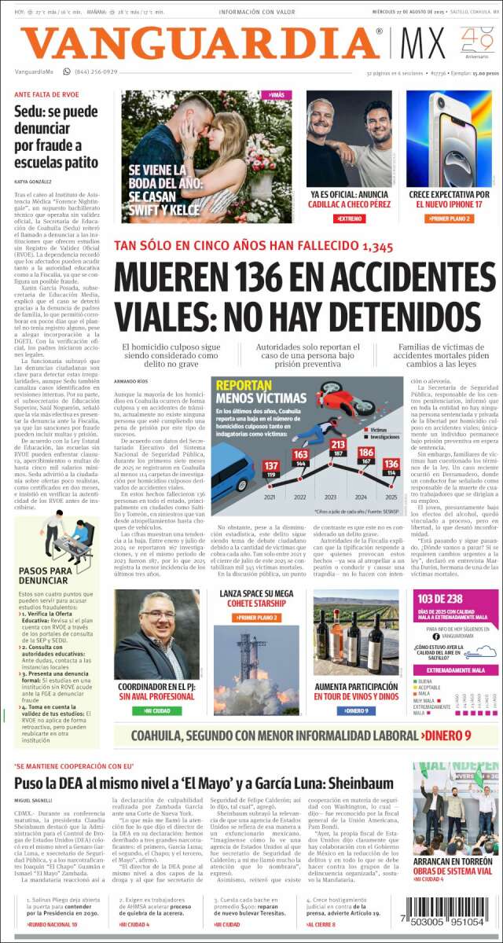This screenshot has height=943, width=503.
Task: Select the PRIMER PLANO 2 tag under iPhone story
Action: click(x=450, y=218)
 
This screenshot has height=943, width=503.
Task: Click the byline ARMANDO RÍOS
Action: click(x=130, y=381)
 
